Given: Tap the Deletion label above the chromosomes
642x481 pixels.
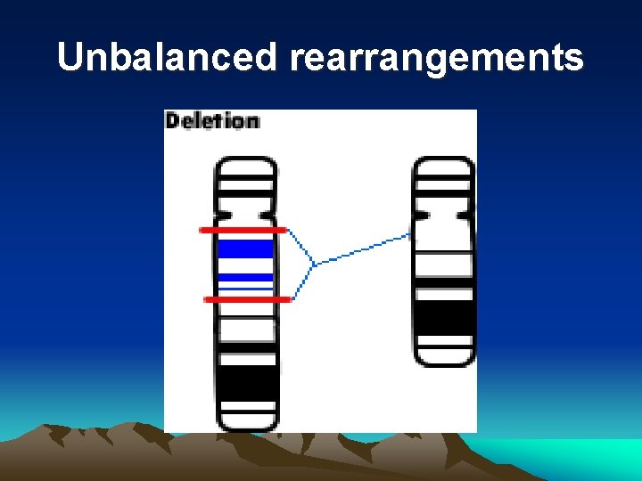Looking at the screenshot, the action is [x=212, y=120].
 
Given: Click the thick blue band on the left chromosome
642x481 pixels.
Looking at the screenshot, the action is [x=245, y=249].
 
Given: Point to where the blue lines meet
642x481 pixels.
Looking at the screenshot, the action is [x=314, y=264].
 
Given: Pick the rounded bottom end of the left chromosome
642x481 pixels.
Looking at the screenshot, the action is [x=247, y=420].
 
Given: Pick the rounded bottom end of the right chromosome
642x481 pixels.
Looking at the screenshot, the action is [x=444, y=355].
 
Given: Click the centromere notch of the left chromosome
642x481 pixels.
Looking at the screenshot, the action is [x=246, y=215].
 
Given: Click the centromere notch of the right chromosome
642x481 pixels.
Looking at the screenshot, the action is [x=443, y=215].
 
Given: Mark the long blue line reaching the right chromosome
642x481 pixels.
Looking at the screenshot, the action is [x=361, y=249].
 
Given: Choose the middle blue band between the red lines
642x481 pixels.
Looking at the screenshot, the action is [x=245, y=277].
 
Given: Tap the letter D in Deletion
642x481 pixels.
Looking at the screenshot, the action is [x=172, y=120].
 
